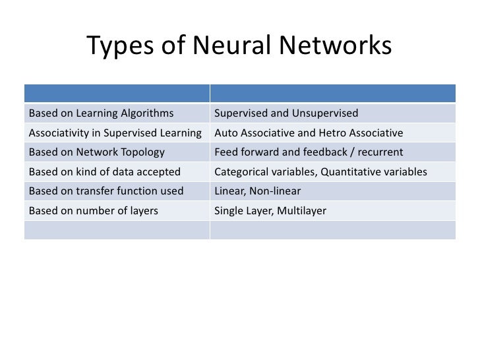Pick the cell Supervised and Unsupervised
pyautogui.click(x=286, y=113)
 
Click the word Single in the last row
pyautogui.click(x=229, y=212)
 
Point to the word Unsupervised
pyautogui.click(x=328, y=113)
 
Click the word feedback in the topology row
pyautogui.click(x=322, y=152)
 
